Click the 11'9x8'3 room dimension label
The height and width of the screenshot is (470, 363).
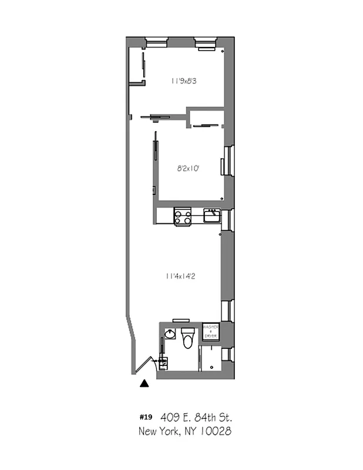[183, 81]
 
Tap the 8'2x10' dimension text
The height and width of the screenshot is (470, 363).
[189, 169]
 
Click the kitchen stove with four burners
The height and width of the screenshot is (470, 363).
[183, 216]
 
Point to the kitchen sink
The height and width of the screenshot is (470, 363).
[211, 216]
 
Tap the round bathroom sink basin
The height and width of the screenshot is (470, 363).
[170, 334]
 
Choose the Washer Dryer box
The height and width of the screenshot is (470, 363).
[210, 331]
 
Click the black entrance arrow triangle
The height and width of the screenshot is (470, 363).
[144, 384]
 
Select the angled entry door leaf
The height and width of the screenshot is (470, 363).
[143, 366]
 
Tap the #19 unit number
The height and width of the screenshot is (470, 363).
[146, 417]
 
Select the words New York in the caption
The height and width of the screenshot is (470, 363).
[156, 432]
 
